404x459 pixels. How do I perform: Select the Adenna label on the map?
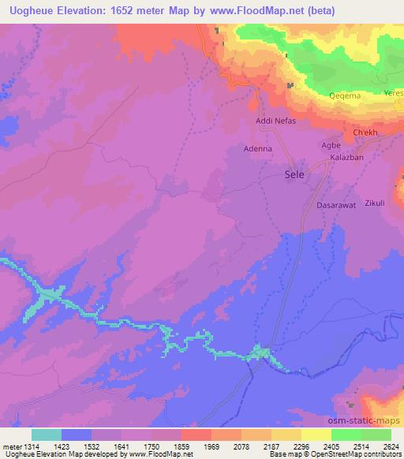click(257, 147)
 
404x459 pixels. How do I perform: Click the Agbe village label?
click(331, 146)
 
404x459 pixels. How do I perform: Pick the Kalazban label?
click(345, 159)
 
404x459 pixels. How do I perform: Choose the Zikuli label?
click(375, 203)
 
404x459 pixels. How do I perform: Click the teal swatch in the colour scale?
click(47, 435)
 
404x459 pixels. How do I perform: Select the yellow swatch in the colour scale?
click(316, 435)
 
